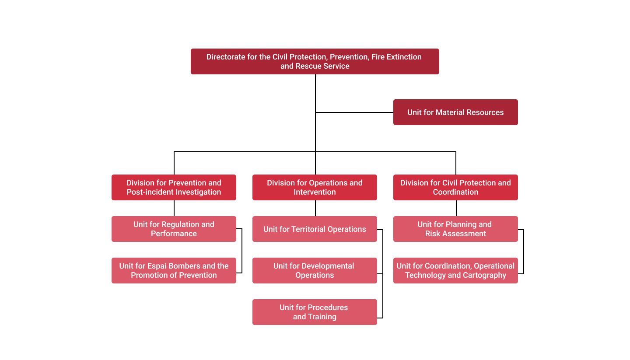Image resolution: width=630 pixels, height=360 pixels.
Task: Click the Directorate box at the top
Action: click(x=315, y=61)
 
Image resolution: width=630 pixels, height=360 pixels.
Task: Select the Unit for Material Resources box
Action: click(x=455, y=112)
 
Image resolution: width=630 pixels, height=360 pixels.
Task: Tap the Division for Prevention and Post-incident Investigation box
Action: click(x=174, y=187)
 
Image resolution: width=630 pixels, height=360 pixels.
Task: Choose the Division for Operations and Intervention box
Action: click(x=315, y=187)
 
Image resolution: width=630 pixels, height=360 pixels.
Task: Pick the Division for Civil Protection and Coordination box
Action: click(x=455, y=187)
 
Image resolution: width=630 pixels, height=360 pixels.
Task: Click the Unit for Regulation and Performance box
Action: click(x=174, y=229)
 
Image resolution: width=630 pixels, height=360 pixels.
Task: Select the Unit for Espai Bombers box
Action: click(x=174, y=270)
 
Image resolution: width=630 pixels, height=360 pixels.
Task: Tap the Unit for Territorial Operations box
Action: click(x=315, y=229)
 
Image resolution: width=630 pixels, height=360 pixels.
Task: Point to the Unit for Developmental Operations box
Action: click(x=315, y=270)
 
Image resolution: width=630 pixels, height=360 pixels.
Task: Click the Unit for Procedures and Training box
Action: click(x=315, y=312)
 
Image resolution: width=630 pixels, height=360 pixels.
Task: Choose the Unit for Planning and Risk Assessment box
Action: click(x=455, y=229)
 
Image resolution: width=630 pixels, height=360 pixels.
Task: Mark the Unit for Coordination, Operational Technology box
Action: click(x=455, y=270)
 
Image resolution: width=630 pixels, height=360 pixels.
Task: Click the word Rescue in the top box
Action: click(x=309, y=66)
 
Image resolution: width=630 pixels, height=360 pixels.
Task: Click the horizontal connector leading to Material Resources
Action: click(x=354, y=112)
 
